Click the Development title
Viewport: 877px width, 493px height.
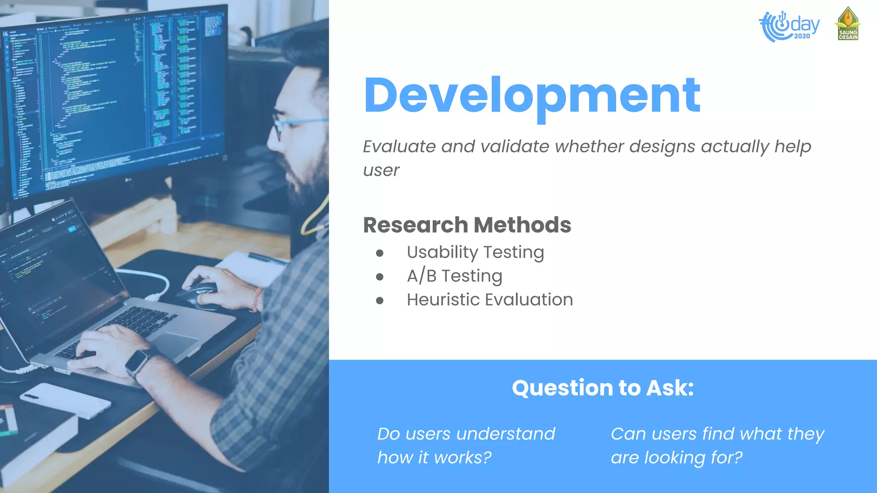532,96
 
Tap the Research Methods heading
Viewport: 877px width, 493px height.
467,225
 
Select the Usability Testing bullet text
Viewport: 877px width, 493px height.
475,252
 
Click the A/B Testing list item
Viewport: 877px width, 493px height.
454,276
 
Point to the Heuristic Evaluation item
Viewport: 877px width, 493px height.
489,300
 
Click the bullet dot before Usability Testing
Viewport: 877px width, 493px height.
379,253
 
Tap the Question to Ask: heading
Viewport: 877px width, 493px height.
603,388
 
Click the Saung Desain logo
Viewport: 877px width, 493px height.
848,24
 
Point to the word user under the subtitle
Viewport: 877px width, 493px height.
381,171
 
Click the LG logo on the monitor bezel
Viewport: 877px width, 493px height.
128,180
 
